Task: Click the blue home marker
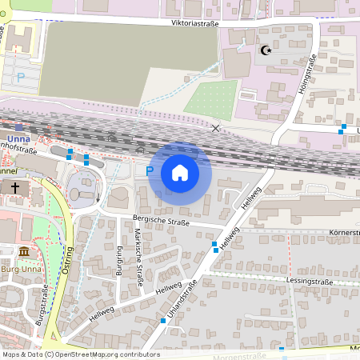[180, 173]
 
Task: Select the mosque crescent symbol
[266, 50]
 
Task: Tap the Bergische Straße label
[161, 221]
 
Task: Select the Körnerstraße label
[343, 233]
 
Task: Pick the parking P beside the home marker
[150, 170]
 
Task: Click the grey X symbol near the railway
[214, 128]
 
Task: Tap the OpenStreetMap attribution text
[81, 354]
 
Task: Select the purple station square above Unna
[18, 127]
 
